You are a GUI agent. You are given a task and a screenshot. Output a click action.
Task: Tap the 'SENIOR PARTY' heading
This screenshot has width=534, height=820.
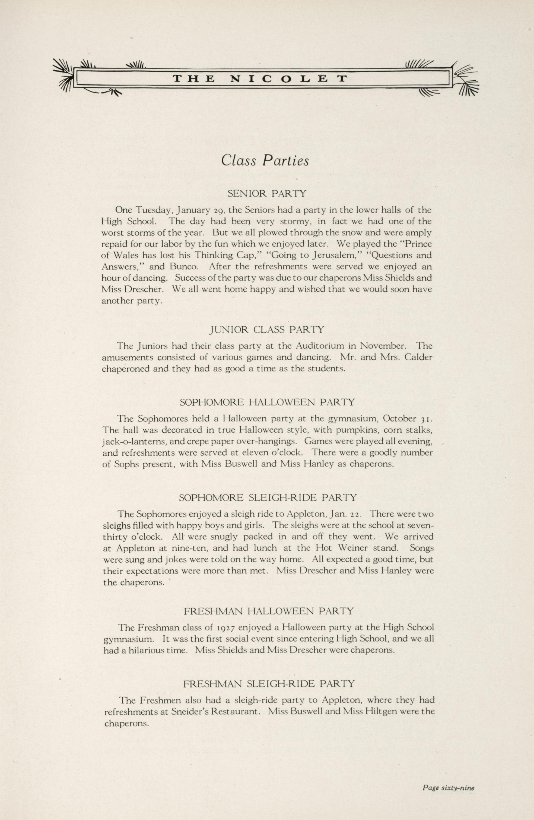(267, 194)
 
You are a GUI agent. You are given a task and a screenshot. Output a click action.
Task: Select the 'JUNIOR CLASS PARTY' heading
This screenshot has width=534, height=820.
(267, 330)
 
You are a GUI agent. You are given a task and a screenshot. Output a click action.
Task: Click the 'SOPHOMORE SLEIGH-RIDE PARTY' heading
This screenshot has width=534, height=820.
(268, 497)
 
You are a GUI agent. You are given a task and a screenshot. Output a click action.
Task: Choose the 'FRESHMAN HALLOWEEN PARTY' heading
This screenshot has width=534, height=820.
(269, 611)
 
